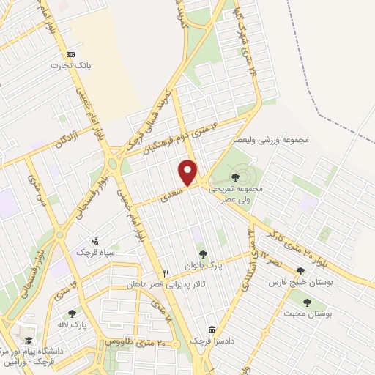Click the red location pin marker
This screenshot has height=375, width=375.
coord(189,173)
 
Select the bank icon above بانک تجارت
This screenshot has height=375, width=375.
coord(70,54)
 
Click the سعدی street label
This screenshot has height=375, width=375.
coord(168,191)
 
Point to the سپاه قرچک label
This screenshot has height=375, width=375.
coord(96,252)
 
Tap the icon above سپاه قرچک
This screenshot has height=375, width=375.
coord(94,241)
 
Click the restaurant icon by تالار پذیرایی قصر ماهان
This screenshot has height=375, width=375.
coord(166,272)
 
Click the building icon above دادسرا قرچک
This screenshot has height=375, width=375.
coord(212,330)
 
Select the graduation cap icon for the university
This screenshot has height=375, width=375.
coord(28,341)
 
